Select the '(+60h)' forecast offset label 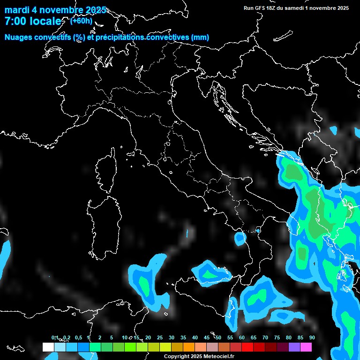(81, 21)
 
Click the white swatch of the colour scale (48, 347)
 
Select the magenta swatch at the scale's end (306, 347)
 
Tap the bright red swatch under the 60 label (247, 347)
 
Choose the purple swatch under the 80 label (294, 347)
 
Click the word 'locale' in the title (45, 22)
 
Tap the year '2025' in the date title (94, 10)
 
